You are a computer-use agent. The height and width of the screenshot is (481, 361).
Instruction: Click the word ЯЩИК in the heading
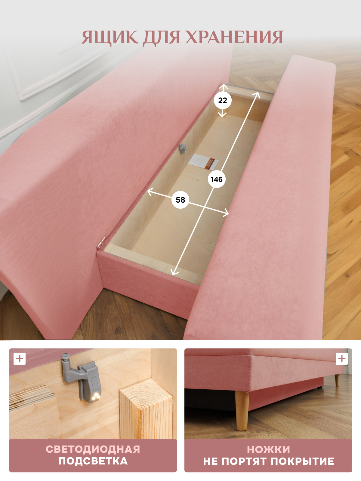coord(110,37)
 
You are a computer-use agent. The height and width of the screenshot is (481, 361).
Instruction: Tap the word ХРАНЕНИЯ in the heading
coord(235,37)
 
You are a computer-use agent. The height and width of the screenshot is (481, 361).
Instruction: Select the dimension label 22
coord(223,101)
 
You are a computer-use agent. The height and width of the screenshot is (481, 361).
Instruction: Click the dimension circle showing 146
coord(217,179)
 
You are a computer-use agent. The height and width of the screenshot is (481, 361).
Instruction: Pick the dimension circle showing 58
coord(180,200)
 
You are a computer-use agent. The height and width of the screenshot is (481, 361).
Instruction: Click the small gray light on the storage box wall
coord(183,148)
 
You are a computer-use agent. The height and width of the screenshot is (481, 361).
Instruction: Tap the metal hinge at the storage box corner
coord(101,243)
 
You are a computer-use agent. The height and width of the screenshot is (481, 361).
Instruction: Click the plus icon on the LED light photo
coord(20,359)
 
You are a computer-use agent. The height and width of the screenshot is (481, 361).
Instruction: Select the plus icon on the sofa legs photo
coord(342,359)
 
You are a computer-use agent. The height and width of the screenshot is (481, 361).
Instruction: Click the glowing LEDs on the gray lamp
coord(95,396)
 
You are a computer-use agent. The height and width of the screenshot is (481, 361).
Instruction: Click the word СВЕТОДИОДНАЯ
coord(93,449)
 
